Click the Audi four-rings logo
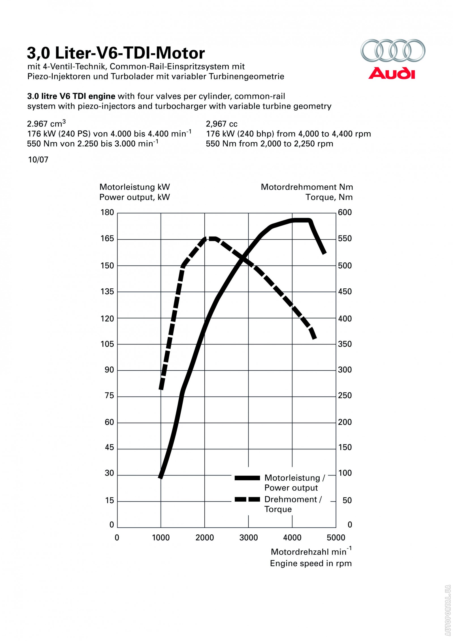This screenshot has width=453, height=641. tap(393, 50)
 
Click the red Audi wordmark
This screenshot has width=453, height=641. tap(392, 73)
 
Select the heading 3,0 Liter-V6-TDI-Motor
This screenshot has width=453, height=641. tap(116, 53)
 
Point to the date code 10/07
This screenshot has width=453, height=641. tap(38, 160)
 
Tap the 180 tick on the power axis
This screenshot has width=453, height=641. tap(107, 213)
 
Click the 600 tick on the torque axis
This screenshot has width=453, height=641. tap(345, 213)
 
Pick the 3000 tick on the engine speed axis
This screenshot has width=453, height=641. tap(249, 538)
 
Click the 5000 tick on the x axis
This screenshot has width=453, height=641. tap(336, 538)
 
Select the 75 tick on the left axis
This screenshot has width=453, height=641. tap(109, 396)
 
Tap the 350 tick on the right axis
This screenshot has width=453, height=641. tap(345, 344)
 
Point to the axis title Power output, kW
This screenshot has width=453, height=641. tap(134, 197)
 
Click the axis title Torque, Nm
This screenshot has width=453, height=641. tap(329, 197)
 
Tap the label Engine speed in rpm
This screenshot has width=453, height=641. tap(311, 563)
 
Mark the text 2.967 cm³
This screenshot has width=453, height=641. tap(46, 124)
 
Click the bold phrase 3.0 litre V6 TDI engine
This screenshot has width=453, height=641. tap(71, 96)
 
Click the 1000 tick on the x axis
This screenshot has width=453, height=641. tap(161, 538)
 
